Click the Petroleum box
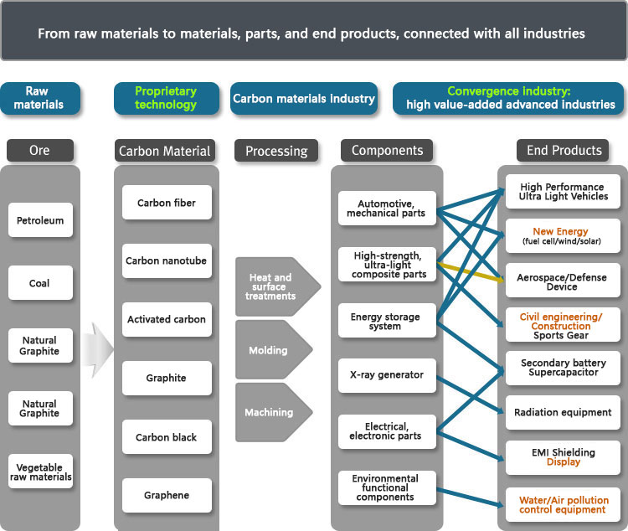(40, 220)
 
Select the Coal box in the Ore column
(40, 283)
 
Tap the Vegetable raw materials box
(40, 472)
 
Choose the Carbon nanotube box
(167, 260)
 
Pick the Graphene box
(167, 495)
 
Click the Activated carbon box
(167, 319)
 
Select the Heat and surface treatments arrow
(278, 287)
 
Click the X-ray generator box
(387, 375)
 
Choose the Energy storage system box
(387, 321)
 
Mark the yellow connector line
(471, 272)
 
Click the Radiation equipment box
(563, 412)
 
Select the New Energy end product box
(563, 235)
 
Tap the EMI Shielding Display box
(563, 457)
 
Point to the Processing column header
(276, 151)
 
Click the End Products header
(563, 151)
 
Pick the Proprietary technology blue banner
(167, 99)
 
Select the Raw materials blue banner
(40, 99)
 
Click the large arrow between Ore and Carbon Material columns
(98, 350)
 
